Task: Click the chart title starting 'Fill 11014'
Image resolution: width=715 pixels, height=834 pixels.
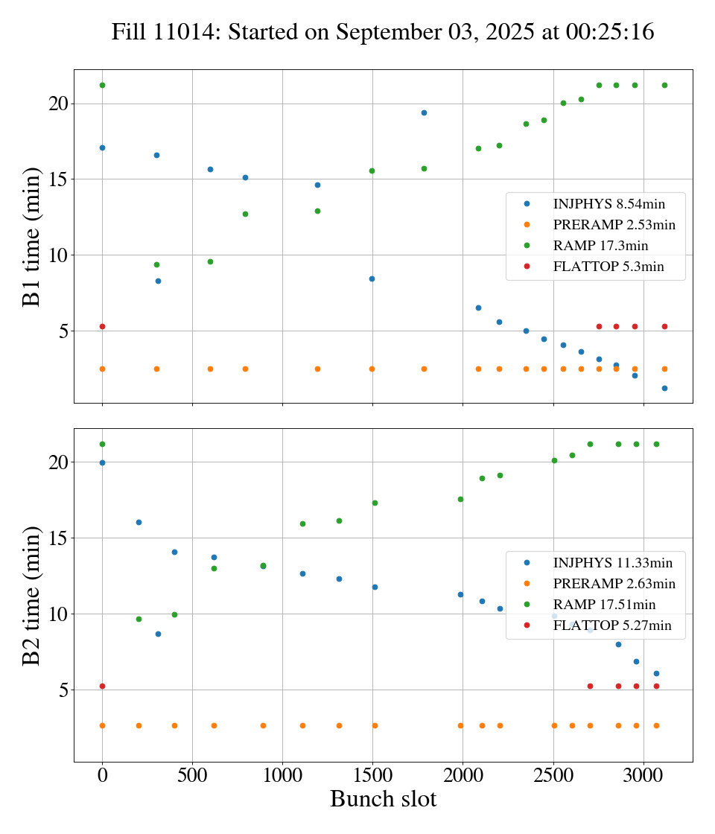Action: (x=383, y=32)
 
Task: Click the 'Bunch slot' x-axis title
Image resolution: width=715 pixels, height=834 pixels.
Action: (x=383, y=799)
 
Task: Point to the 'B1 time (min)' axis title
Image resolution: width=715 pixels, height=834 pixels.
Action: (x=31, y=236)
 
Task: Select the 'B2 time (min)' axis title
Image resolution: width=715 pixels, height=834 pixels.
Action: (x=31, y=595)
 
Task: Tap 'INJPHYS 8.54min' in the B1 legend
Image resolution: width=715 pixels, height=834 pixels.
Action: (x=609, y=203)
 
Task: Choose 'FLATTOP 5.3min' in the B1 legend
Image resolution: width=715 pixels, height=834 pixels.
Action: (x=608, y=267)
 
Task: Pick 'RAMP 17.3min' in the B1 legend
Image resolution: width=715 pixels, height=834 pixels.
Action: (x=600, y=246)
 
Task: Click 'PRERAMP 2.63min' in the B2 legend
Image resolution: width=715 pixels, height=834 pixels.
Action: (x=614, y=584)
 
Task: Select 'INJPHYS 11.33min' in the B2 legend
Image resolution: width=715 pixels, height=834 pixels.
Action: (x=613, y=563)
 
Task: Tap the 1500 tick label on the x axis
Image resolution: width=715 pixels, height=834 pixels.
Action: (x=373, y=775)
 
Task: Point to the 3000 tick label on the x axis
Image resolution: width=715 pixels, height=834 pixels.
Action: (x=644, y=775)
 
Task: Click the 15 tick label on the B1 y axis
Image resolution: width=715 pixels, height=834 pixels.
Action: (x=57, y=179)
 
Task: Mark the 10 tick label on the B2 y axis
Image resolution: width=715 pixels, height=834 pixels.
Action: (x=57, y=614)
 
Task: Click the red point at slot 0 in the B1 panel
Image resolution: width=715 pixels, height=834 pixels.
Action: (x=102, y=326)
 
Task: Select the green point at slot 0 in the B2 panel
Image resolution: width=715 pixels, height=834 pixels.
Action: (x=102, y=444)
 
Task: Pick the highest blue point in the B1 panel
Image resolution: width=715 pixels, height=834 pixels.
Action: (x=424, y=112)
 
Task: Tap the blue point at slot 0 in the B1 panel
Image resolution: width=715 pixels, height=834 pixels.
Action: (x=102, y=147)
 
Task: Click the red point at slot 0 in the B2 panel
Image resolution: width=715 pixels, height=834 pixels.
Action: (x=102, y=686)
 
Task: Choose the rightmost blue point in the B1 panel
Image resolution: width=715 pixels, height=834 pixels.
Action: (x=664, y=388)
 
